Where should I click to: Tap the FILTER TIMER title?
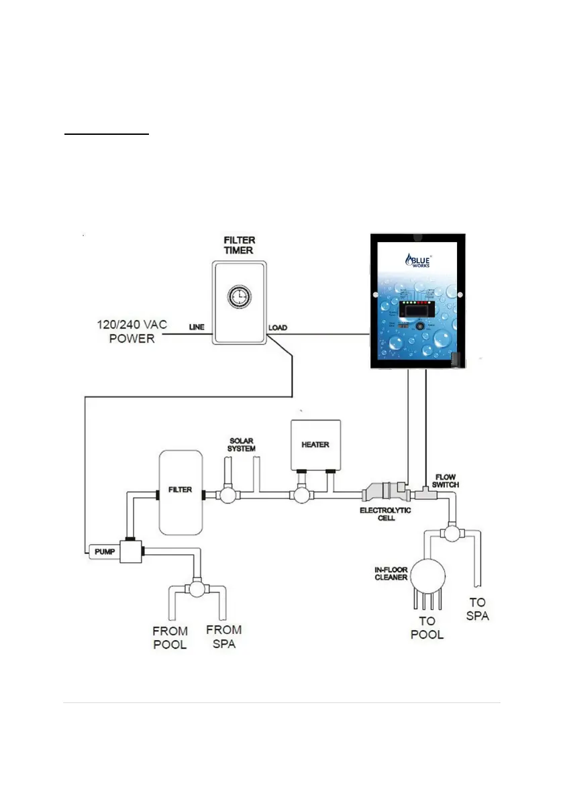[239, 245]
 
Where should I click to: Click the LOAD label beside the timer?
[278, 327]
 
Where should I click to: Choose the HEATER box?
[315, 444]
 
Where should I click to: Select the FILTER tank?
[180, 492]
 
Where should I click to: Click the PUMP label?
[104, 551]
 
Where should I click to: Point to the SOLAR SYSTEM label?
[241, 443]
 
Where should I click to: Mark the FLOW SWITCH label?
[446, 480]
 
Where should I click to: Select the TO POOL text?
[427, 627]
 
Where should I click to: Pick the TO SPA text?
[477, 608]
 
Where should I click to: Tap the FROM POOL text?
[170, 637]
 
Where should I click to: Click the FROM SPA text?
[223, 637]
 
